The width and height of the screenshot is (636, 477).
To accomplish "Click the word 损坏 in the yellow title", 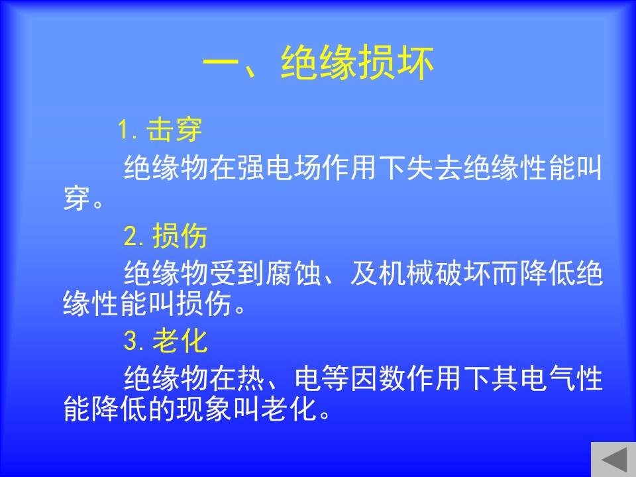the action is [x=396, y=63].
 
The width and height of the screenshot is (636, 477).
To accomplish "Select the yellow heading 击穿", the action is [x=174, y=131].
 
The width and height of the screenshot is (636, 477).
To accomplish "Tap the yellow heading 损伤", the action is [x=180, y=236].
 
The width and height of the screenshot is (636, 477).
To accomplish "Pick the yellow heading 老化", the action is [x=180, y=341].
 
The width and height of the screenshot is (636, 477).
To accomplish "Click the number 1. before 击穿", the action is [x=128, y=131].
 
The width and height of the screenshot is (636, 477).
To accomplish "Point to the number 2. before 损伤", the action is [x=134, y=236].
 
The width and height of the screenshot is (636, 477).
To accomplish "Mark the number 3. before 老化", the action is [x=134, y=341].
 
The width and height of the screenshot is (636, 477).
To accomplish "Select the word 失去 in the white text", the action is [x=435, y=168].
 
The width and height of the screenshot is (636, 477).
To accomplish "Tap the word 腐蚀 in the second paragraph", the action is [x=293, y=272].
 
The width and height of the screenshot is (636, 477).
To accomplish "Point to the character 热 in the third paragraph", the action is [x=251, y=378].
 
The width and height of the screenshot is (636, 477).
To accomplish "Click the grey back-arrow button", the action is [x=613, y=459].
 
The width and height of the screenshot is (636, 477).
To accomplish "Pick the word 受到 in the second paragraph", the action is [x=237, y=272].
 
